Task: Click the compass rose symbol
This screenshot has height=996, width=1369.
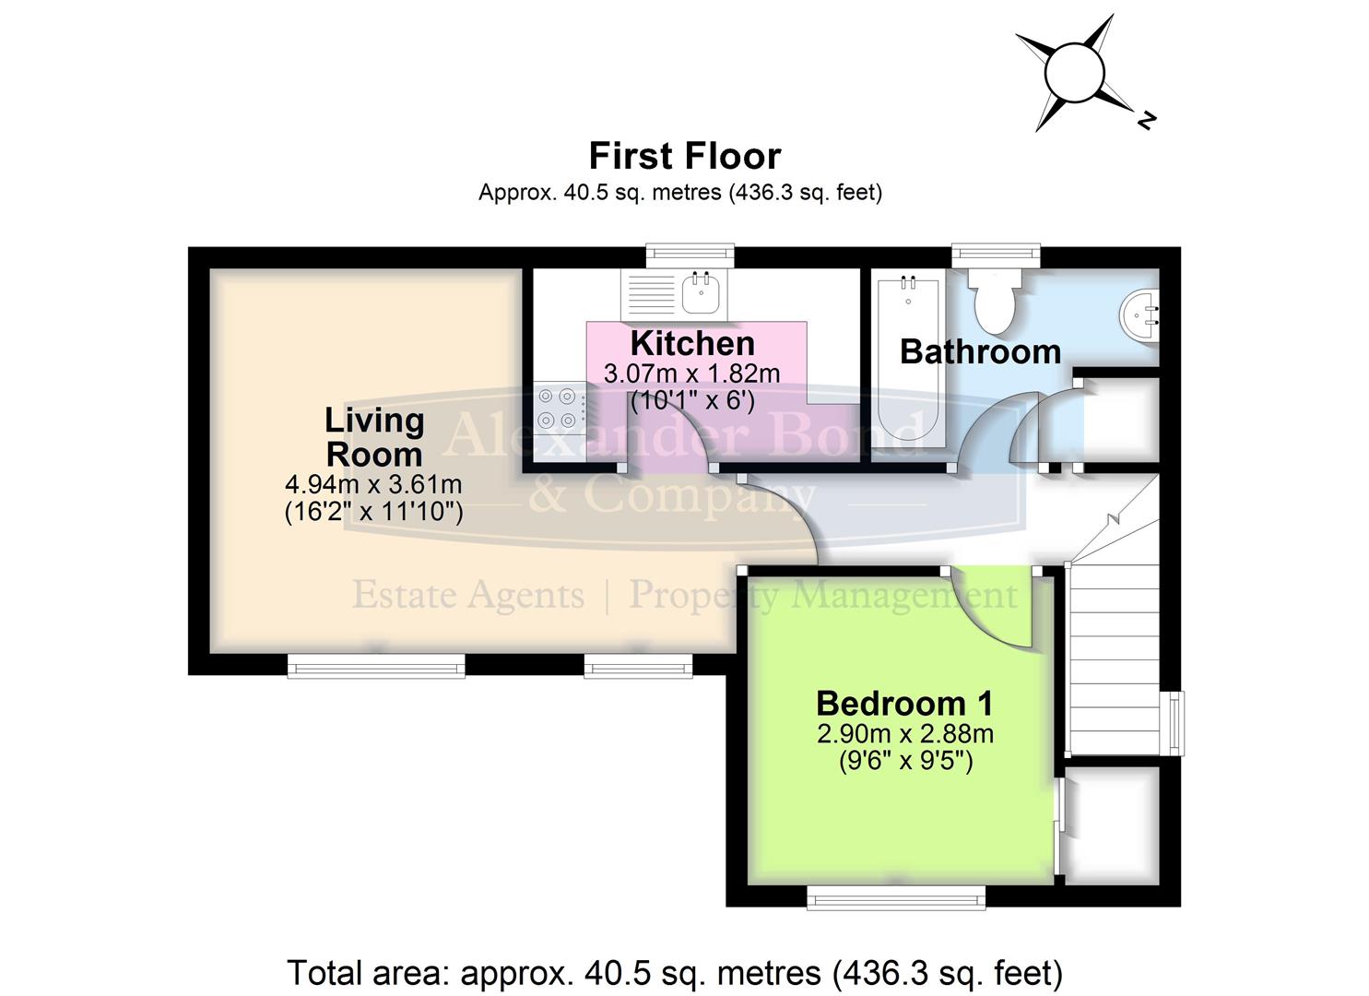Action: coord(1075,72)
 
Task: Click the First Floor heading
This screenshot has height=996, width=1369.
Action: coord(684,156)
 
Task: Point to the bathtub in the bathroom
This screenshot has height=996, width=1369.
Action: coord(909,360)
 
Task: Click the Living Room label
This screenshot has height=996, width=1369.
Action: coord(373,437)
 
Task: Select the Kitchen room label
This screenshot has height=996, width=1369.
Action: coord(692,343)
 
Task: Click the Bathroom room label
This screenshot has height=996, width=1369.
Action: coord(980,351)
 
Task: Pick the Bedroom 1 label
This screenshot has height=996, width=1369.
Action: coord(904,704)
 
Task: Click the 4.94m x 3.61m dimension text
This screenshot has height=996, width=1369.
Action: coord(373,484)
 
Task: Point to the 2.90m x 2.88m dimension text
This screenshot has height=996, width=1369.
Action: coord(904,734)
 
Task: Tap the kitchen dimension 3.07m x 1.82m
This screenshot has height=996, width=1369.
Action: coord(691,374)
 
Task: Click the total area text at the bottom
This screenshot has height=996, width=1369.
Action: coord(675,972)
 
